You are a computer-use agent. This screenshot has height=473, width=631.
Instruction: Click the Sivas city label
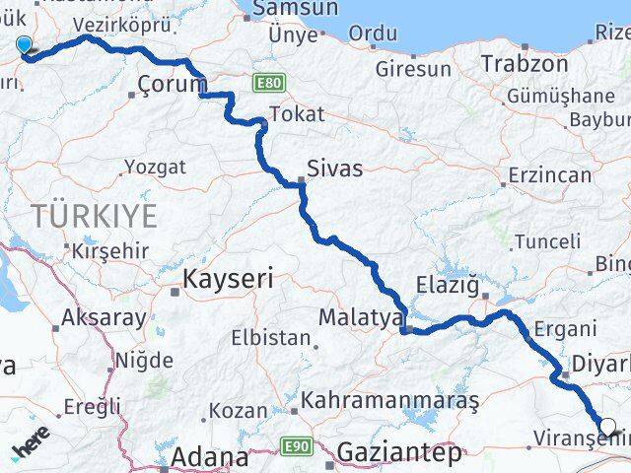click(x=334, y=169)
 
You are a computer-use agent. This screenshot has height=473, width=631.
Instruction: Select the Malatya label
click(x=361, y=318)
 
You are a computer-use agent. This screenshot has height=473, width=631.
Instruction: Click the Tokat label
click(x=296, y=114)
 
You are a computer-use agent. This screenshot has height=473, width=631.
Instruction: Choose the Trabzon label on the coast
click(x=525, y=64)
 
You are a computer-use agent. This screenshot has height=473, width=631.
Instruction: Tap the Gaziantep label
click(x=398, y=454)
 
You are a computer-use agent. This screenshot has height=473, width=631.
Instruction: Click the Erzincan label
click(x=550, y=176)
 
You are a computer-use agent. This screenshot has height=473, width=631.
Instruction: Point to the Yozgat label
click(x=155, y=168)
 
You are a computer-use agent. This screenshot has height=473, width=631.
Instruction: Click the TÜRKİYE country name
click(x=94, y=216)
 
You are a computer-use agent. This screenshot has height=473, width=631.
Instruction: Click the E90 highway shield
click(x=301, y=447)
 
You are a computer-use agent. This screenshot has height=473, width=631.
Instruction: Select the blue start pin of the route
click(x=25, y=44)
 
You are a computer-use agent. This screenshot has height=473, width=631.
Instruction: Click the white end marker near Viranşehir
click(x=608, y=429)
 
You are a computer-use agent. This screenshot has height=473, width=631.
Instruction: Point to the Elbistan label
click(x=270, y=337)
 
